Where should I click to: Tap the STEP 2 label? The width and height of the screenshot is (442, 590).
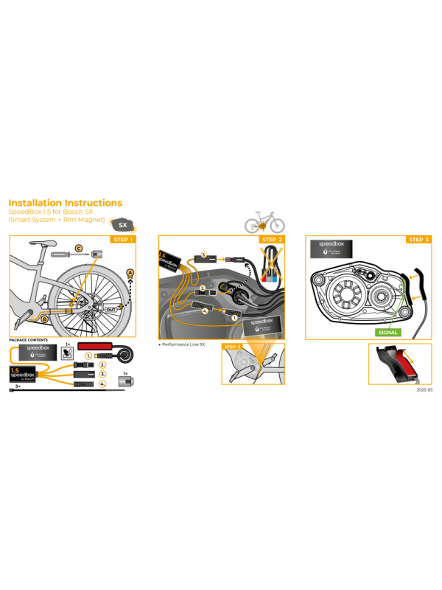(x=273, y=240)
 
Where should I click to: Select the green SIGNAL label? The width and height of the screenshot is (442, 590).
(x=387, y=333)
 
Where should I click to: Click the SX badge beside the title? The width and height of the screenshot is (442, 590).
(x=122, y=225)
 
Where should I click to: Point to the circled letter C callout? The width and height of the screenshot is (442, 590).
(x=79, y=248)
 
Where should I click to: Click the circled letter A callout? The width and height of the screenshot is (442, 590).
(x=131, y=272)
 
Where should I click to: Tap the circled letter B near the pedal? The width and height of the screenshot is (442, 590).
(x=44, y=319)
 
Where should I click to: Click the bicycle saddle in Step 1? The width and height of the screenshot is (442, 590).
(x=42, y=243)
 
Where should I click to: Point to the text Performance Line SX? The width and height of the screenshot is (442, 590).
(x=184, y=344)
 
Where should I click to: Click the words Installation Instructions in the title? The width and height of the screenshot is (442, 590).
(x=65, y=203)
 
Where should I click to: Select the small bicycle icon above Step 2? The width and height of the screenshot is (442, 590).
(x=264, y=221)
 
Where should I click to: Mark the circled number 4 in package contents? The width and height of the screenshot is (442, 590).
(x=103, y=384)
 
